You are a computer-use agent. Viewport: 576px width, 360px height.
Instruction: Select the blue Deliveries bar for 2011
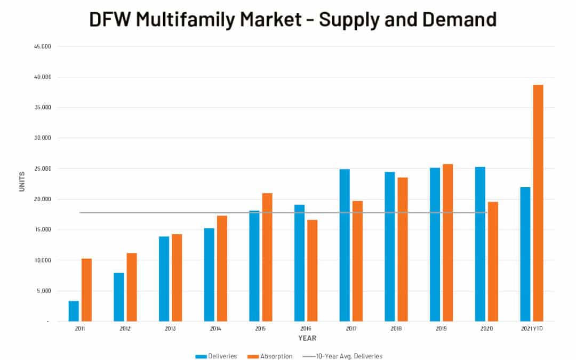tap(74, 311)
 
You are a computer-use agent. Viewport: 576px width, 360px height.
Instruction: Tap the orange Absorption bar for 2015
tap(267, 257)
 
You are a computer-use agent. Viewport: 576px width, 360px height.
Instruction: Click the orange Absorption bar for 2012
tap(132, 287)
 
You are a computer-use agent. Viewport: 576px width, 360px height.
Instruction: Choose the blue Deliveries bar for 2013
tap(164, 279)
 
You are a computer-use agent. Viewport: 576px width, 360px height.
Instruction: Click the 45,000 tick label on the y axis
tap(42, 46)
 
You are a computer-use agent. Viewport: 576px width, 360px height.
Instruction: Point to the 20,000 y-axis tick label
tap(42, 199)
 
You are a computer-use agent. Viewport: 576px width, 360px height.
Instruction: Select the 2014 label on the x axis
tap(215, 329)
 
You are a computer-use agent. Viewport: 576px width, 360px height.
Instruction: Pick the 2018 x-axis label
tap(396, 329)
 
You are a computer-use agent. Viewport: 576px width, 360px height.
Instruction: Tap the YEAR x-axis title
tap(307, 338)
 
